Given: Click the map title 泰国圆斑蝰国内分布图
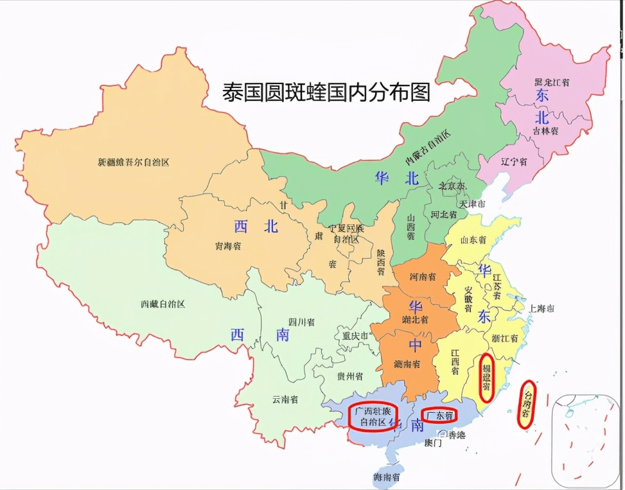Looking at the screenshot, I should click(x=326, y=92).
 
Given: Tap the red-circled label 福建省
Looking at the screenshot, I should click(x=487, y=378).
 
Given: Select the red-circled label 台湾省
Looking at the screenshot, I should click(x=527, y=404).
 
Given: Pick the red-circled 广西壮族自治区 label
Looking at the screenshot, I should click(x=373, y=416).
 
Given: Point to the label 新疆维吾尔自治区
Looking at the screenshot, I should click(x=134, y=162).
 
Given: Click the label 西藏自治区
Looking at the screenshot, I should click(x=163, y=304).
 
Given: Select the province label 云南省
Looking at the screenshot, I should click(x=285, y=399).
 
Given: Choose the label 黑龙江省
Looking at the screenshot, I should click(x=556, y=82).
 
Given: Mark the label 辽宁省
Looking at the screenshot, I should click(x=515, y=162).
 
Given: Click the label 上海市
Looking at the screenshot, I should click(x=541, y=308).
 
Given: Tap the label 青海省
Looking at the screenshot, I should click(x=228, y=246).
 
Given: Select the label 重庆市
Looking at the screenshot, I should click(x=355, y=336).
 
